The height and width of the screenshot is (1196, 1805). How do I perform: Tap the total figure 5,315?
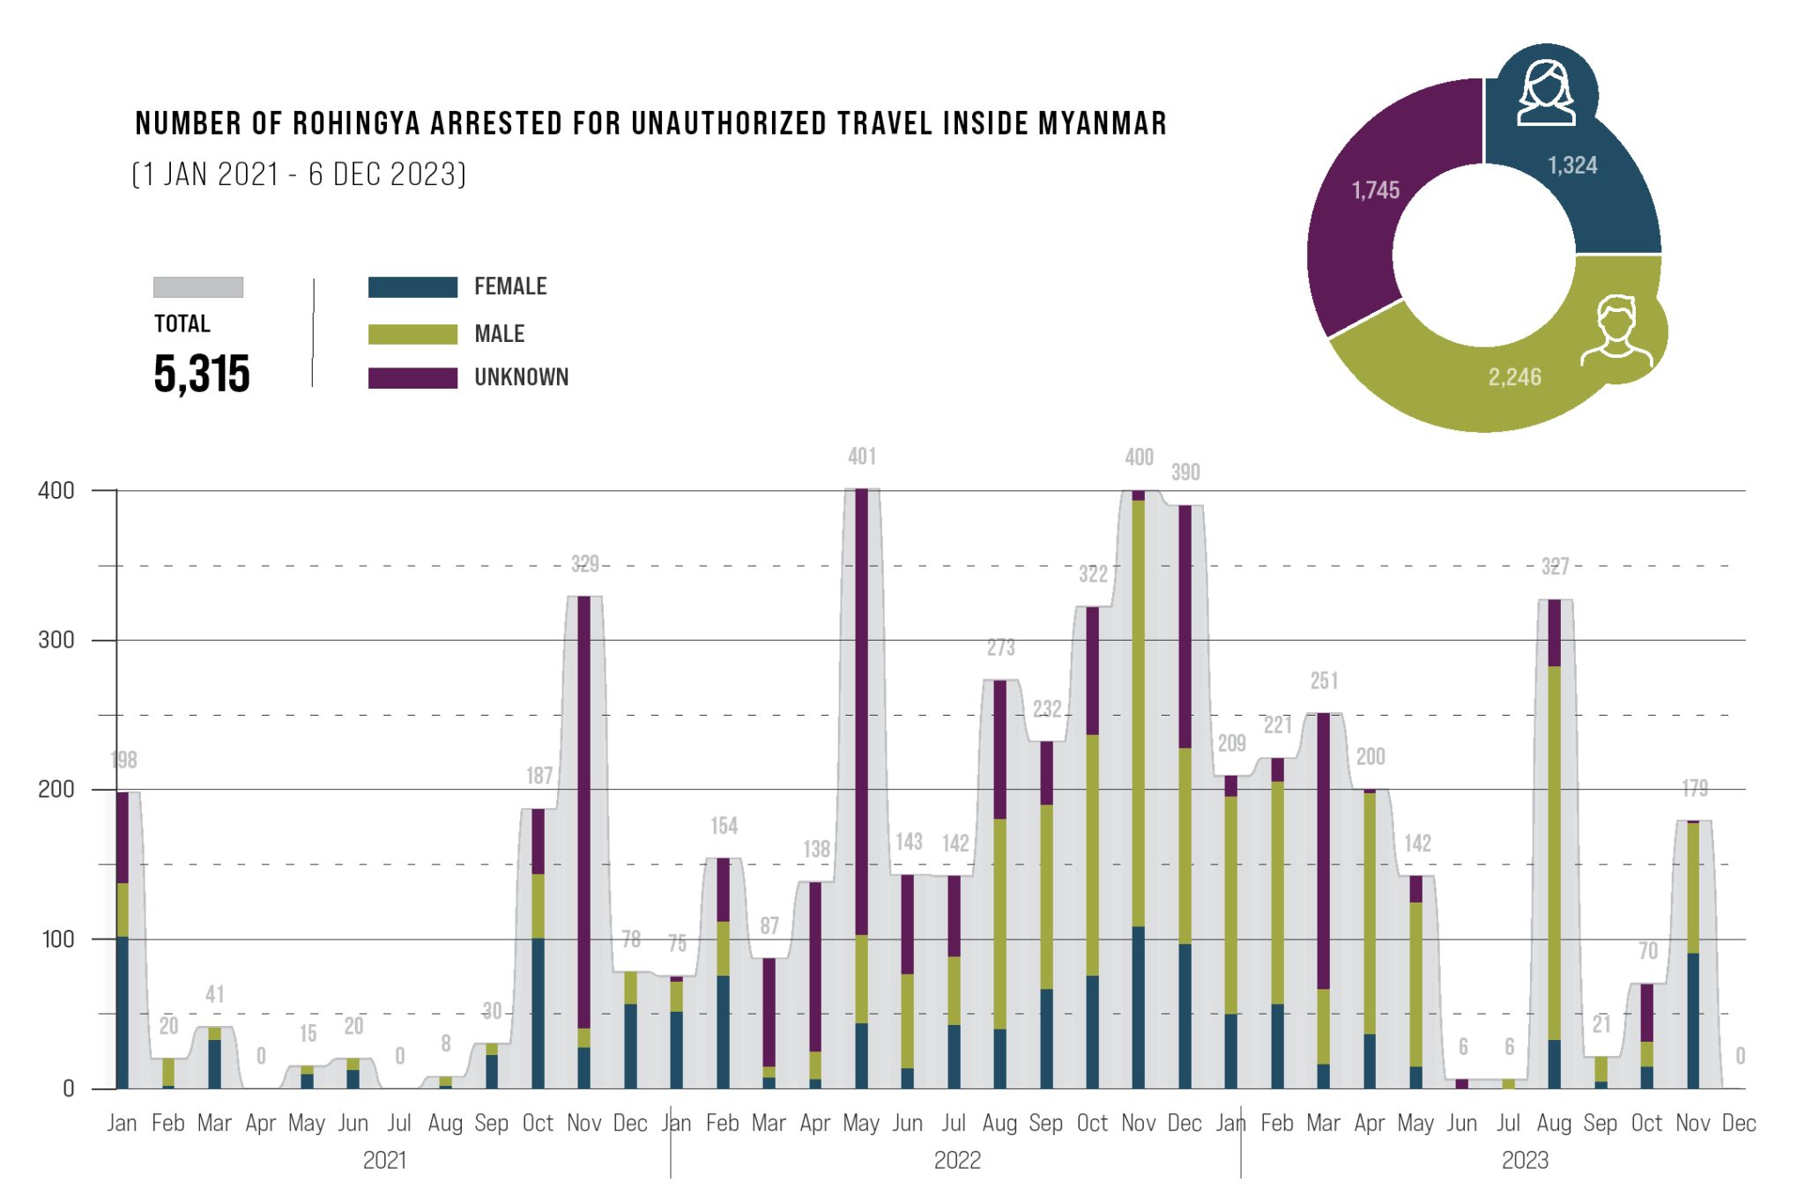pos(202,374)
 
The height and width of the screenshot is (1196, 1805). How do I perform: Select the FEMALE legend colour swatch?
pos(412,287)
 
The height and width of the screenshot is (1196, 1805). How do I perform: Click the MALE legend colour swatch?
pos(412,334)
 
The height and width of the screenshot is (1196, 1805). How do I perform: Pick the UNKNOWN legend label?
pos(521,378)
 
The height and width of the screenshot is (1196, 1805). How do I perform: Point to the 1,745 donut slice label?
pos(1375,190)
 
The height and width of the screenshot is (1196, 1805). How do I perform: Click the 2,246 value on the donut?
pos(1514,377)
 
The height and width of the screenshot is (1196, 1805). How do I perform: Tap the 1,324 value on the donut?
pos(1572,166)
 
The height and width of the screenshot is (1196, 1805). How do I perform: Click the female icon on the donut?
pos(1546,93)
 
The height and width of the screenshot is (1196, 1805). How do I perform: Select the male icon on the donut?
pos(1616,331)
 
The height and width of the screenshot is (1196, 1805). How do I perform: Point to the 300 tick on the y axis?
pos(56,640)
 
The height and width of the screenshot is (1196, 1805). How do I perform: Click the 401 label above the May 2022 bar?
pos(862,457)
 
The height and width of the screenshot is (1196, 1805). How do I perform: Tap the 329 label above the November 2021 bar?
pos(584,564)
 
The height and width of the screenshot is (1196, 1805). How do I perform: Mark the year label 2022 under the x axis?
pos(957,1160)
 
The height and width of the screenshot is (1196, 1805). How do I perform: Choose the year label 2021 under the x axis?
pos(385,1160)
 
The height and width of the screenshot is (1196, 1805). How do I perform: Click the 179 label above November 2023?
pos(1694,788)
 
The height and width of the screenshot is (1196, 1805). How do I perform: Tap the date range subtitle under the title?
pos(299,175)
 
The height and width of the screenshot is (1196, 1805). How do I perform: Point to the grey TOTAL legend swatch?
pos(198,287)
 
